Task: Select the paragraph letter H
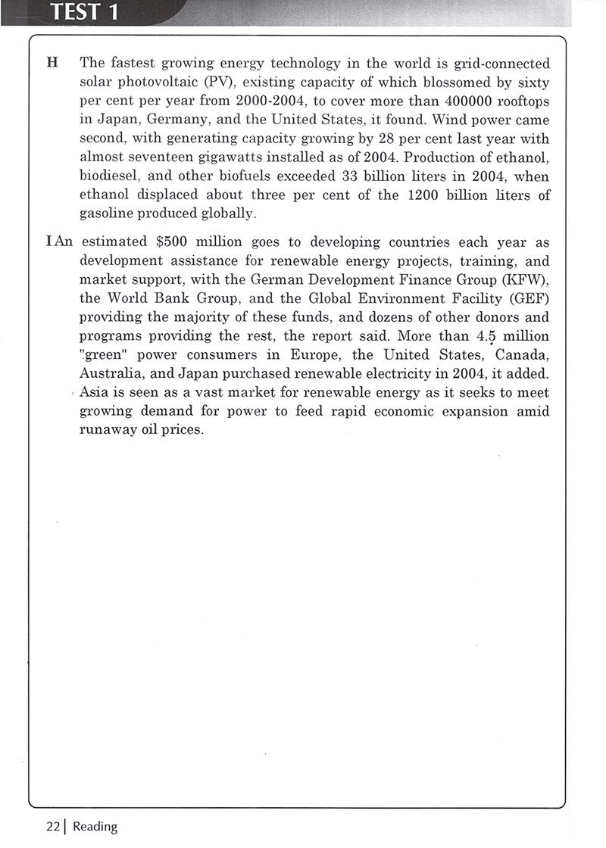click(52, 63)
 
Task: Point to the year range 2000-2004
click(257, 101)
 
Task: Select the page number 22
click(52, 827)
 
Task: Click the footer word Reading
click(95, 827)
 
